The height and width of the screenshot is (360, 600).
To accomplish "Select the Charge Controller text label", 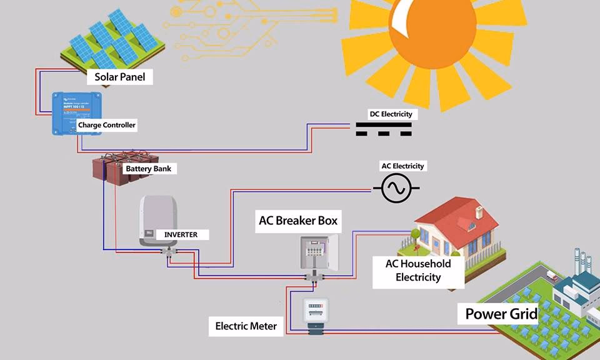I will click(x=107, y=125).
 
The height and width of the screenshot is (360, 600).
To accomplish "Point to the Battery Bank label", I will click(x=148, y=169).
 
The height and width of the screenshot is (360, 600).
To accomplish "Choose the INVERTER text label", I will click(x=181, y=234).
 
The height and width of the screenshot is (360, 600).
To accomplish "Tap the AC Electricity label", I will click(x=403, y=166).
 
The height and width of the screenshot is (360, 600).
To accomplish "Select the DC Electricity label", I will click(x=390, y=114).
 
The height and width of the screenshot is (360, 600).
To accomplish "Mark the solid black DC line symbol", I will click(x=384, y=124).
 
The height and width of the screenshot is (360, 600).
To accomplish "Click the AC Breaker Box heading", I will click(x=298, y=221).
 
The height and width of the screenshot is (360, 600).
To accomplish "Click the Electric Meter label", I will click(x=246, y=326).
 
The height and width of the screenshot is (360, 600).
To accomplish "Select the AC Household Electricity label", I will click(x=418, y=271).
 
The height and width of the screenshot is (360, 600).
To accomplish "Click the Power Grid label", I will click(x=501, y=313).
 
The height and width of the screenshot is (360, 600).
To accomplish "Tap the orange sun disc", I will click(x=431, y=31).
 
